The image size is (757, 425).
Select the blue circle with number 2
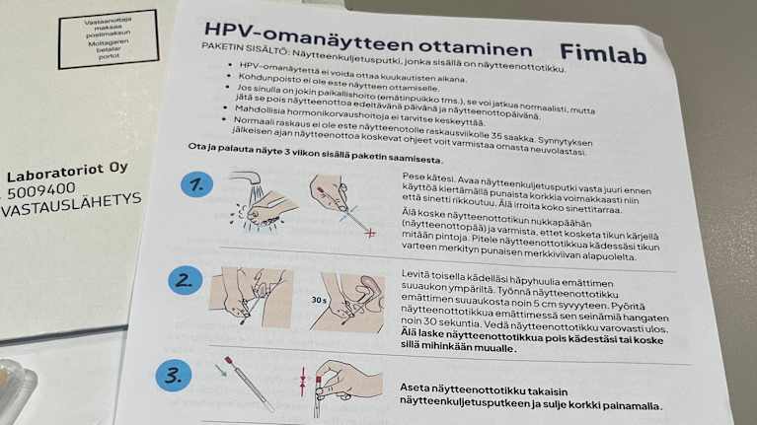(x=184, y=281)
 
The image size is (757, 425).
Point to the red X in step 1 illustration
(x=370, y=233)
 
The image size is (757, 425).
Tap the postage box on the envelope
(x=108, y=38)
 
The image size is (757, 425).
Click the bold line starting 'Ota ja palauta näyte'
(x=316, y=153)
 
